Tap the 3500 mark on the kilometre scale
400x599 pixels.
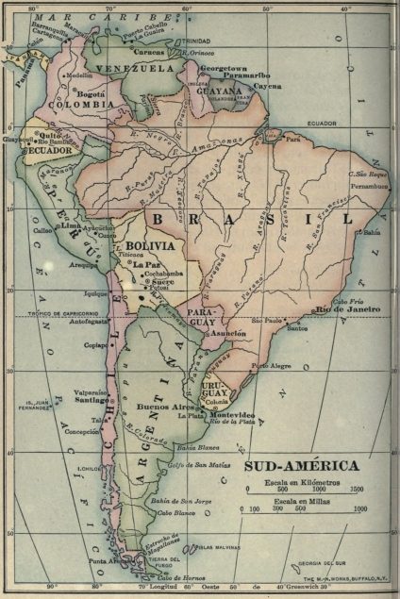point(354,491)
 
